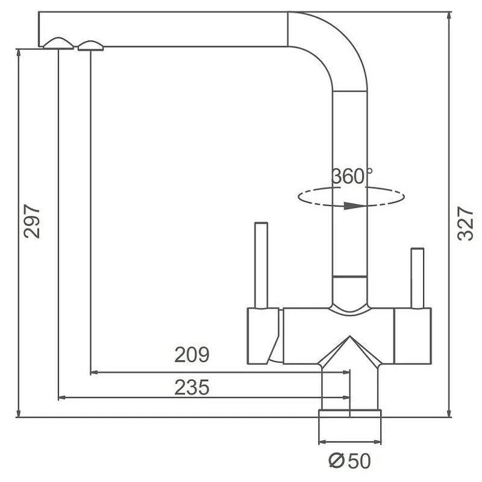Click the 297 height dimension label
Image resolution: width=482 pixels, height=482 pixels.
point(32,221)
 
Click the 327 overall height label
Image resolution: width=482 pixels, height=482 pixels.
point(465,223)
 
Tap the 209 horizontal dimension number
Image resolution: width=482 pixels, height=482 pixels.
point(192,354)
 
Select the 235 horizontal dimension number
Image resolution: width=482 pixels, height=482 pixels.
point(192,387)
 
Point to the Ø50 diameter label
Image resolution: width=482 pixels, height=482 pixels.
point(349,461)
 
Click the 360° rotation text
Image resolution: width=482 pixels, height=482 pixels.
point(352,176)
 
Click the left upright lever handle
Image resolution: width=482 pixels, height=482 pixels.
point(261,264)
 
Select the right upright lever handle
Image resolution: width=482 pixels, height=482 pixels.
point(418,278)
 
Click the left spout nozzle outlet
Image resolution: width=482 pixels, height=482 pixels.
point(58,43)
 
